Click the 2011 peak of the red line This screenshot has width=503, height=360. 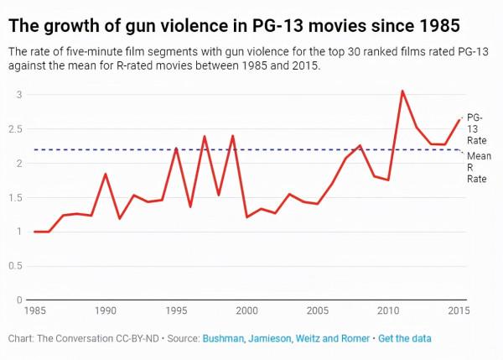tap(402, 91)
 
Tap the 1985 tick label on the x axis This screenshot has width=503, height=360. tap(34, 311)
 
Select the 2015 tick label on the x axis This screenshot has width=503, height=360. tap(458, 311)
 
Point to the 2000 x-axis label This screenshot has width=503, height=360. tap(246, 311)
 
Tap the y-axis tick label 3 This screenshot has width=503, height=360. tap(20, 95)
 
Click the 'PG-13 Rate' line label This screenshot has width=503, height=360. tap(475, 128)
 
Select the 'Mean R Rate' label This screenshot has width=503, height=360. tap(477, 167)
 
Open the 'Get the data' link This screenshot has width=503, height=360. tap(406, 337)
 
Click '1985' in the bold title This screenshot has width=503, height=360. tap(436, 25)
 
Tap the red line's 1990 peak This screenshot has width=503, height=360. tap(106, 174)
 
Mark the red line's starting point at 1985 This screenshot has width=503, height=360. tap(34, 232)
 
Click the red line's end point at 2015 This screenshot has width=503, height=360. tap(459, 119)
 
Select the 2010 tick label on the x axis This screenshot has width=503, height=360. tap(388, 311)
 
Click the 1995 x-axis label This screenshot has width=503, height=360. tap(176, 311)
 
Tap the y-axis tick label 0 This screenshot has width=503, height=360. tap(20, 300)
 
